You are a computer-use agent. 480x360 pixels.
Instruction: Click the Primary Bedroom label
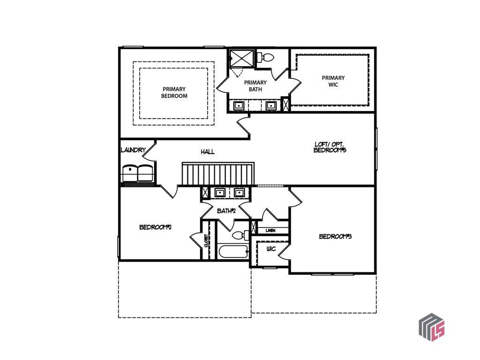[174, 92]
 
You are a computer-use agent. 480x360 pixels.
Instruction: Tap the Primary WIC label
[333, 81]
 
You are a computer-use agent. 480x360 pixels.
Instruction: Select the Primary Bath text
[255, 86]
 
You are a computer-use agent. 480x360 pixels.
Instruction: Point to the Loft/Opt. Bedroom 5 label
[330, 147]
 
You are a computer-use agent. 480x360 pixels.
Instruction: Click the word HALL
[208, 151]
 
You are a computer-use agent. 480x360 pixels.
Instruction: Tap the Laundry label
[133, 150]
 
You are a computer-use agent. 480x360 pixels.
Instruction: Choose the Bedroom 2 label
[155, 227]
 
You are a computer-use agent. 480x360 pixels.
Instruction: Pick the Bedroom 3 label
[335, 236]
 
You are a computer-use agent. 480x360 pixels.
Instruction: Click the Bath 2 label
[226, 211]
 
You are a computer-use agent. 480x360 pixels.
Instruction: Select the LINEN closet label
[270, 231]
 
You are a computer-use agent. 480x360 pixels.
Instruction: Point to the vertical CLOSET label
[206, 240]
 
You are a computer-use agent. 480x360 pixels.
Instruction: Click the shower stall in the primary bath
[242, 58]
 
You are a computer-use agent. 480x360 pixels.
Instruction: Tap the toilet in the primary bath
[265, 57]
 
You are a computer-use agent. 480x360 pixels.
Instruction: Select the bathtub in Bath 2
[232, 252]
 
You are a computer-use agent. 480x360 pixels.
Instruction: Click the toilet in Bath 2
[240, 235]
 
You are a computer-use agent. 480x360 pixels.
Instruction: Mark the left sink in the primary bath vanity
[239, 105]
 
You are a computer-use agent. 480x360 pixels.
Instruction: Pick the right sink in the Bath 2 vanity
[239, 193]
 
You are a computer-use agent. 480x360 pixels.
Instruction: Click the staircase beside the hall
[218, 174]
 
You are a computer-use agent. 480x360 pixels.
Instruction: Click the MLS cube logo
[432, 327]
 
